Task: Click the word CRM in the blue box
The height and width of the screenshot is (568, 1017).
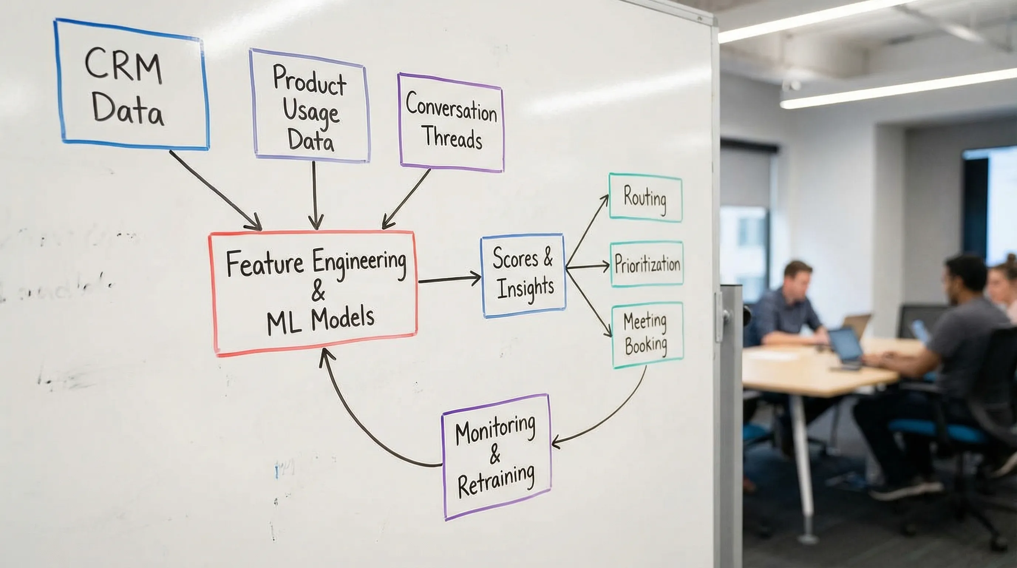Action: point(123,66)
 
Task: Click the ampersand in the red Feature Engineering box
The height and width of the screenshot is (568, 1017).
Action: point(318,291)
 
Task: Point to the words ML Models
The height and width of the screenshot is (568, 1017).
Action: point(320,321)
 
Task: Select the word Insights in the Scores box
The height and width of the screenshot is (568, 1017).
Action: point(525,288)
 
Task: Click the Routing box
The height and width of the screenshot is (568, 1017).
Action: point(645,197)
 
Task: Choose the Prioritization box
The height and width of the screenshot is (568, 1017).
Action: point(647,264)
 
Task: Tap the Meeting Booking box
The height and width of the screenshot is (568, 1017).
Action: point(646,335)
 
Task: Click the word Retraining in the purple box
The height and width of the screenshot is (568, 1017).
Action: point(496,480)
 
